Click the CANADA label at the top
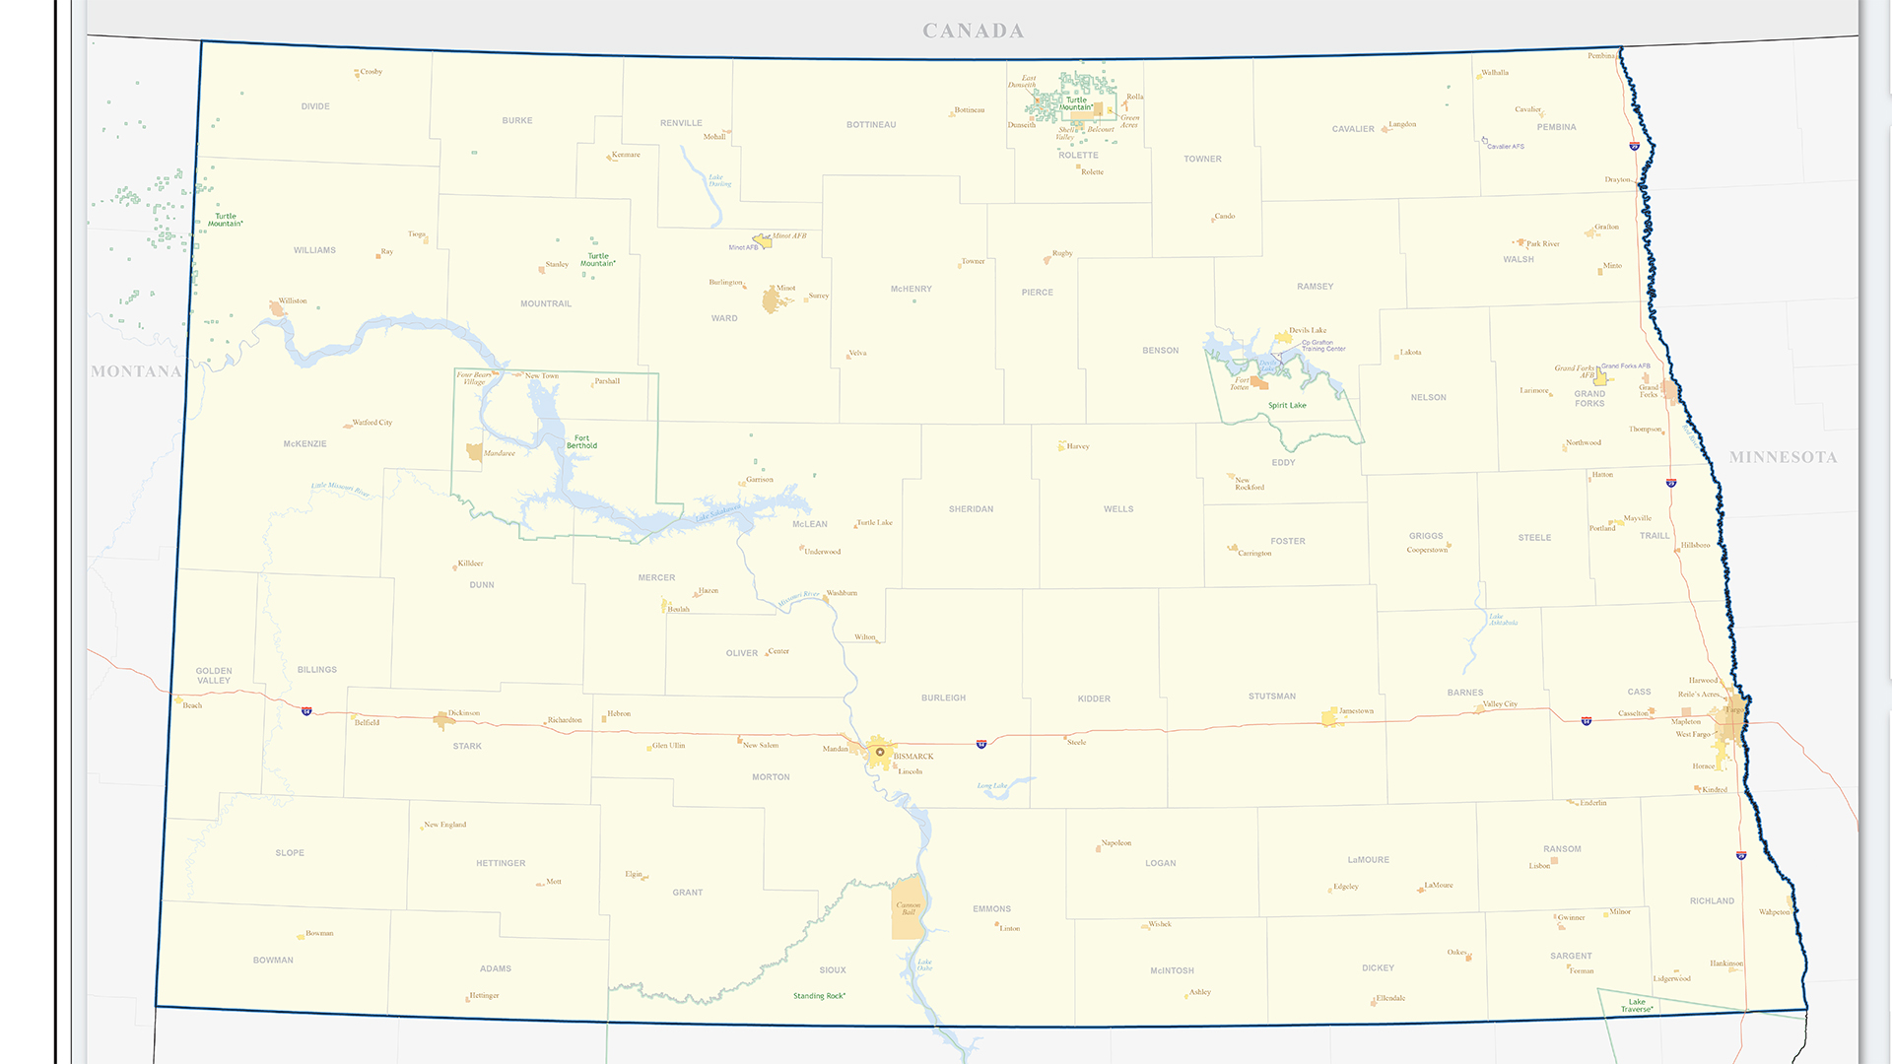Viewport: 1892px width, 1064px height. tap(973, 32)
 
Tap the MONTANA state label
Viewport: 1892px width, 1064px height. tap(136, 371)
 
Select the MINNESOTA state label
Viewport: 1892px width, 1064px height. tap(1783, 457)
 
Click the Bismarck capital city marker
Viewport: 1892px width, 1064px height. tap(880, 752)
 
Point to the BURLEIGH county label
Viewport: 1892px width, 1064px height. tap(943, 698)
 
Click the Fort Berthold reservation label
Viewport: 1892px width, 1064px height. tap(581, 442)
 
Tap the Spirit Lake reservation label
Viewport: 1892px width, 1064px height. tap(1287, 405)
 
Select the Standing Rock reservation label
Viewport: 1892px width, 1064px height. tap(819, 996)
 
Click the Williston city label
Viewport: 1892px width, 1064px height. tap(293, 300)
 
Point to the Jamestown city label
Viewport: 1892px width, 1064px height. tap(1356, 710)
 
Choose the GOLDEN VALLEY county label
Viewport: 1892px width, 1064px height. tap(214, 675)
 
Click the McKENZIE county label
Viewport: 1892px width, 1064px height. tap(304, 444)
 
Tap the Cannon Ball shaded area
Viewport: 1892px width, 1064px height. tap(908, 907)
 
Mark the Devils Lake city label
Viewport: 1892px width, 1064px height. tap(1308, 330)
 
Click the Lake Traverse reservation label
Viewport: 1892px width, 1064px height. tap(1636, 1005)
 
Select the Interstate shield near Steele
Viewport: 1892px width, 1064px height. tap(980, 744)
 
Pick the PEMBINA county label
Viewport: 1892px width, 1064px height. tap(1556, 127)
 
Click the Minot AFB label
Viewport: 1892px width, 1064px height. tap(744, 247)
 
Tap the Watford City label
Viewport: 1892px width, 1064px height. tap(372, 422)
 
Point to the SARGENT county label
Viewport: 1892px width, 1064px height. tap(1570, 956)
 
